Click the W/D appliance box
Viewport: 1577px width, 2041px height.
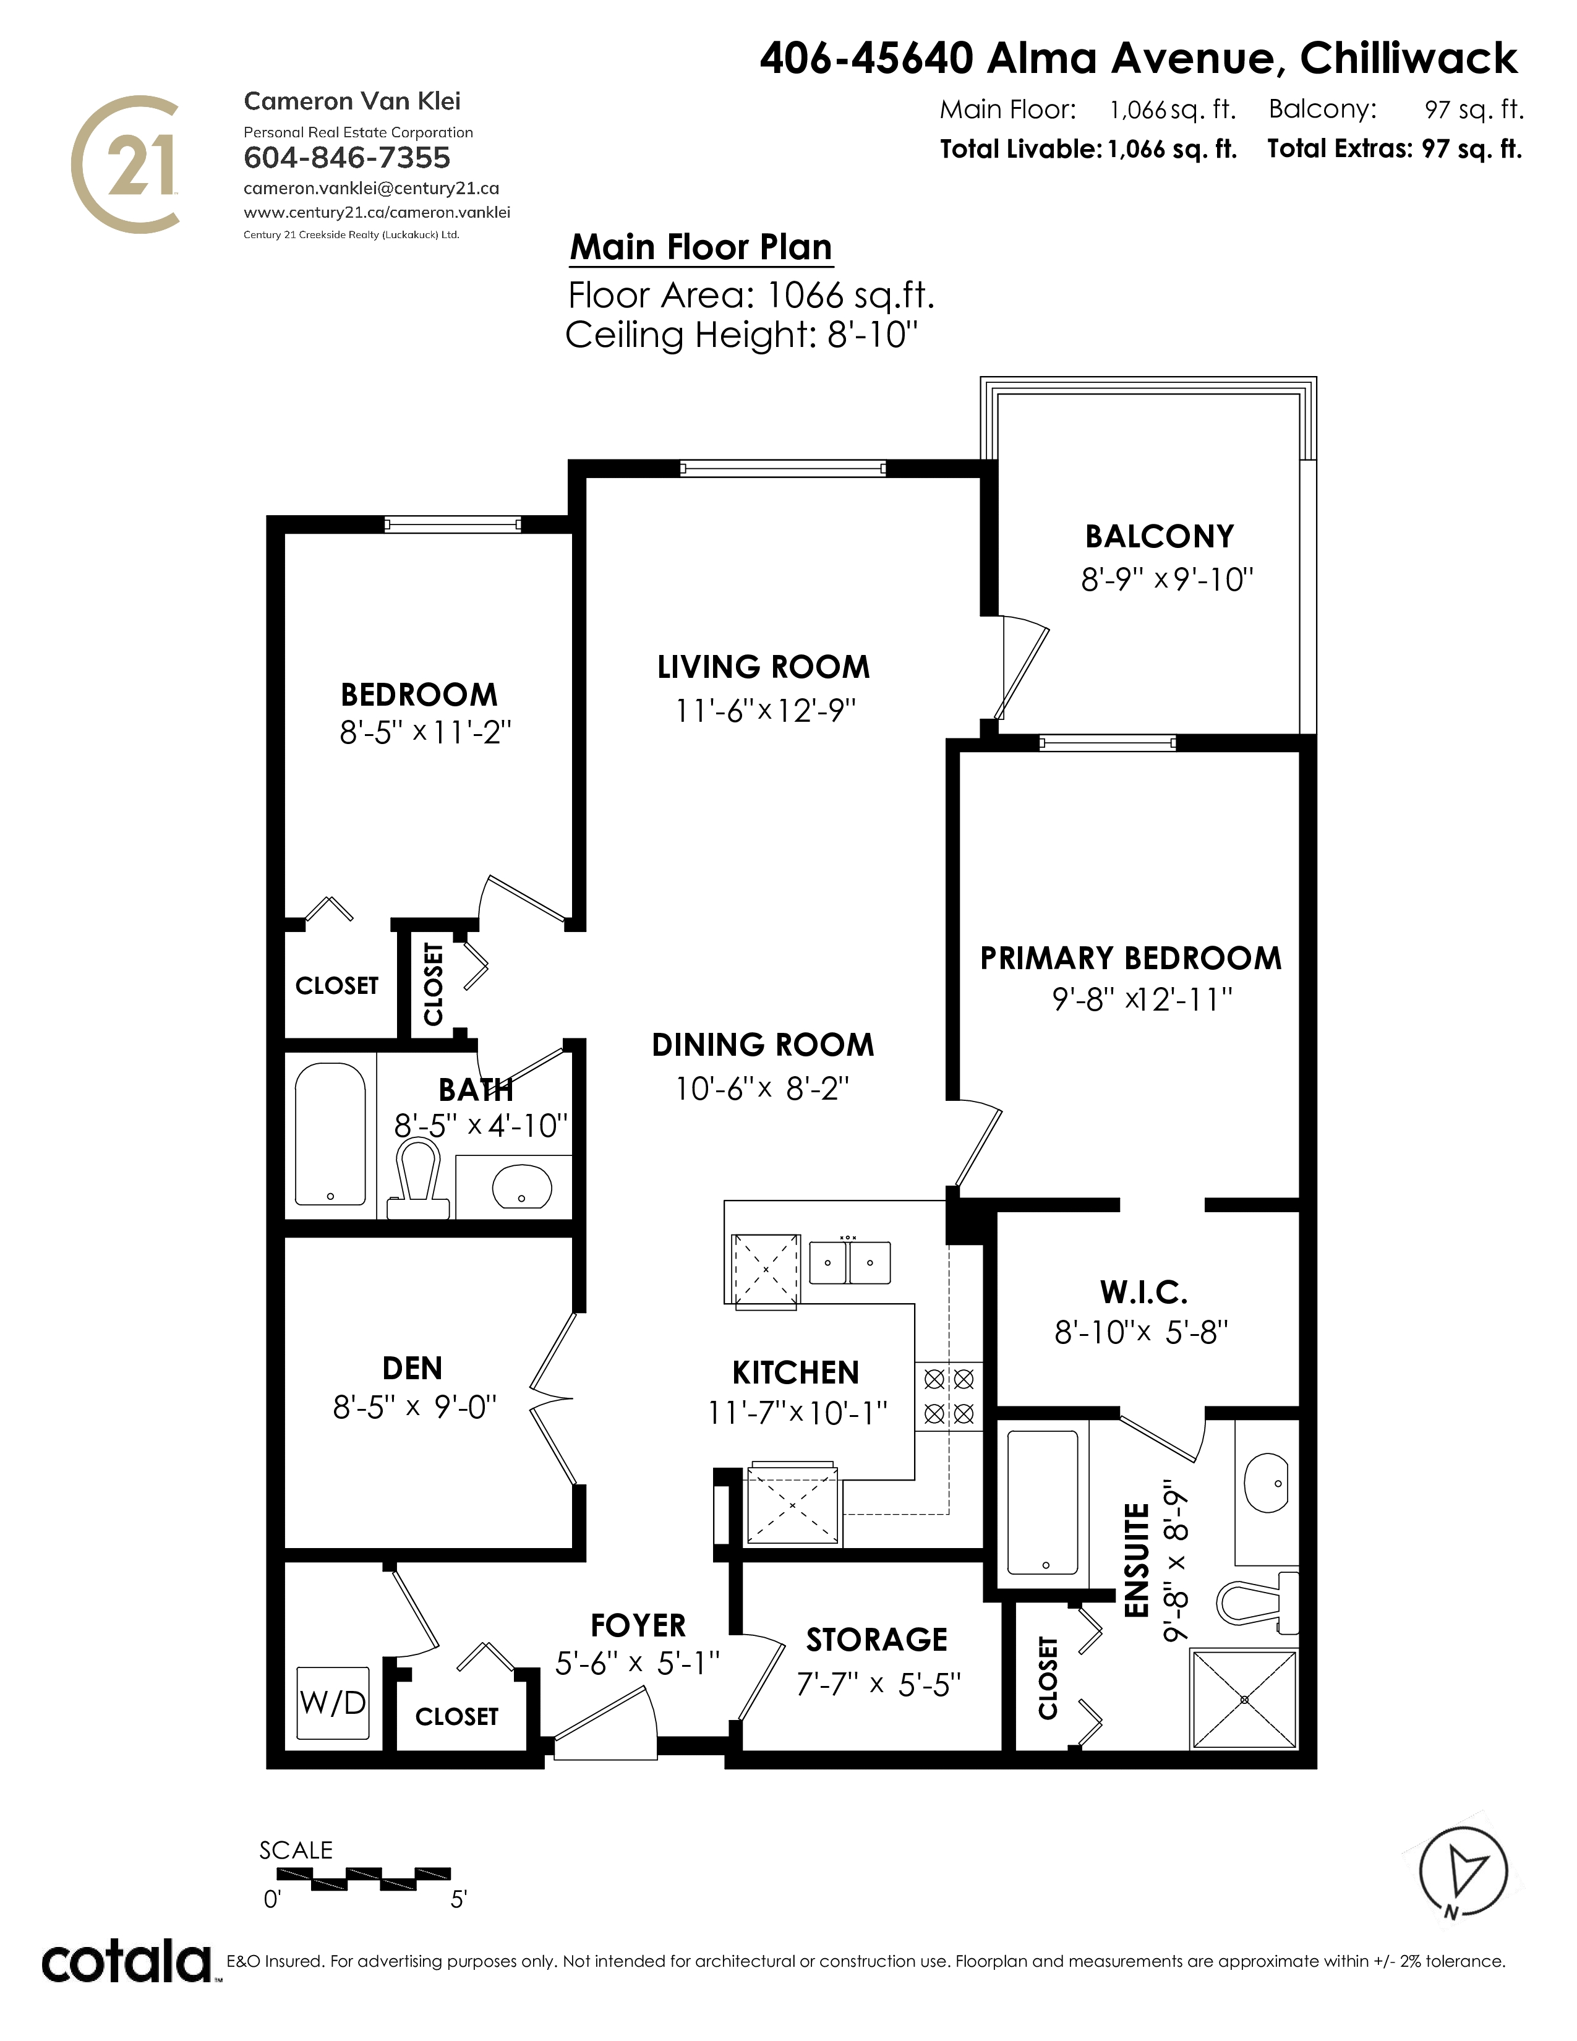click(x=333, y=1703)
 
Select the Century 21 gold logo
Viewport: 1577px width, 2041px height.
click(x=125, y=163)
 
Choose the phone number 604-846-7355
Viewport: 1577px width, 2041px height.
click(x=346, y=158)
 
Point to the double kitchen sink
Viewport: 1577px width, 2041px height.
click(x=849, y=1262)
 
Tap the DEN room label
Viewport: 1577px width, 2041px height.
click(x=412, y=1368)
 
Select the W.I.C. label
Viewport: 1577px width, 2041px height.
click(x=1143, y=1293)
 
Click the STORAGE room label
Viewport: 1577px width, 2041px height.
click(x=876, y=1639)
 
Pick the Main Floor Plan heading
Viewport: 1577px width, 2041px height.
click(x=701, y=247)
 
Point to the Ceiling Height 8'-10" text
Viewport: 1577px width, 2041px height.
click(x=741, y=335)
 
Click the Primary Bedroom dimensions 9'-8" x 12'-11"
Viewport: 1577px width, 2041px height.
click(x=1142, y=1000)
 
